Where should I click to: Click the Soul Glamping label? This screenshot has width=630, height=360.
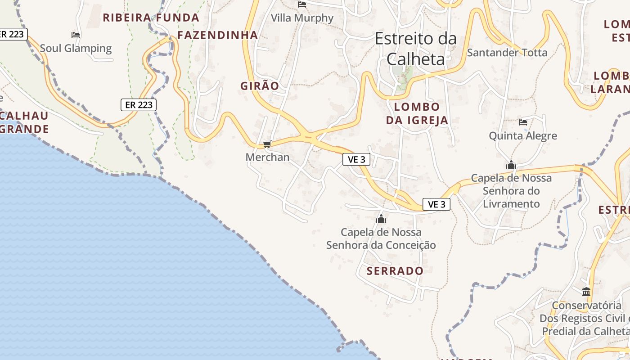(76, 48)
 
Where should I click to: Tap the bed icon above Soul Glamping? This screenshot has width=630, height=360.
(76, 35)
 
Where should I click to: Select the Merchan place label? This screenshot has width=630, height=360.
(267, 157)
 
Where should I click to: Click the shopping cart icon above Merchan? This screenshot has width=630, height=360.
(267, 144)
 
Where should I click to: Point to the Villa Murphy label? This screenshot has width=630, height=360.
(302, 18)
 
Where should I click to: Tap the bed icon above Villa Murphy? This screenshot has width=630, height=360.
(302, 4)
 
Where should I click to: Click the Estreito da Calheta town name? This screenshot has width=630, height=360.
(416, 49)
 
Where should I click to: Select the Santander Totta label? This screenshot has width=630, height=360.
(507, 53)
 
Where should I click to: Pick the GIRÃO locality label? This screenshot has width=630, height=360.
(260, 86)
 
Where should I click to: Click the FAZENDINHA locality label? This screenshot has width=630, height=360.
(217, 35)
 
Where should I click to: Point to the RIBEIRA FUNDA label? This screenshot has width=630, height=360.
(151, 18)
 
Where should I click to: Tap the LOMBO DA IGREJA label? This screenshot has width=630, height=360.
(417, 113)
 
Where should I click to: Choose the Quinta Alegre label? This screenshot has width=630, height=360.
(523, 135)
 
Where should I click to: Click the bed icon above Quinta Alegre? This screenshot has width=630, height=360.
(523, 122)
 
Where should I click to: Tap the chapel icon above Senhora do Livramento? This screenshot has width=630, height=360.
(511, 165)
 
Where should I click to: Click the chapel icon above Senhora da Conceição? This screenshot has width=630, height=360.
(381, 219)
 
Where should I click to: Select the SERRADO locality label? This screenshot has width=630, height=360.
(395, 271)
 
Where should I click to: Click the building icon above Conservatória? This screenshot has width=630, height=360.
(586, 292)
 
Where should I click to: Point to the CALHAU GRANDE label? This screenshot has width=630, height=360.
(24, 122)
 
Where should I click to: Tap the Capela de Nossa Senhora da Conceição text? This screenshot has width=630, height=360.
(381, 238)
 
